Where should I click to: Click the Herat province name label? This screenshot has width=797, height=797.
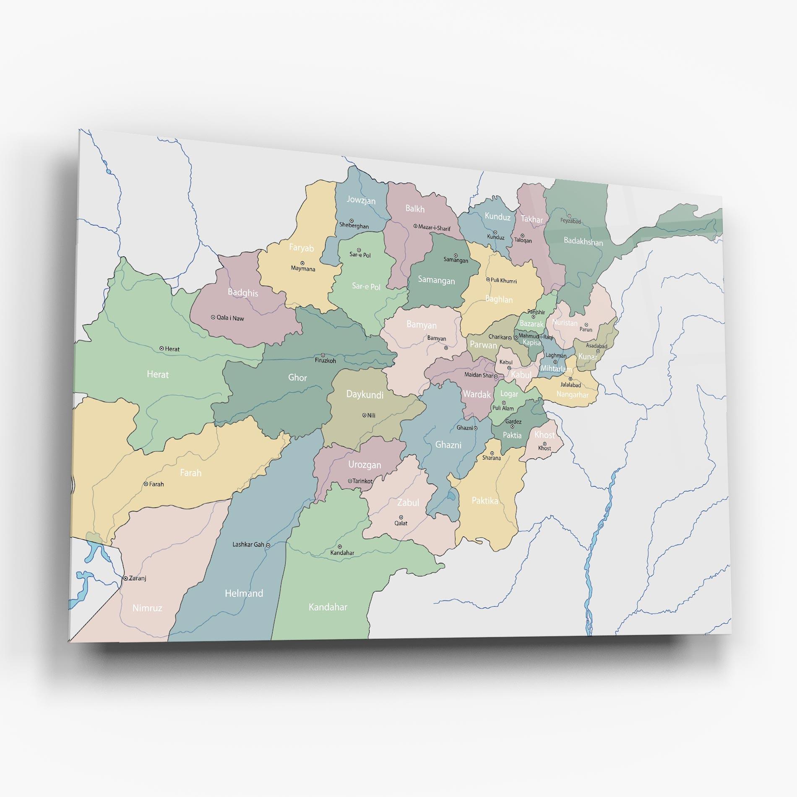(158, 374)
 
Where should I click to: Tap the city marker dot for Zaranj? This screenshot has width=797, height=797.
(125, 578)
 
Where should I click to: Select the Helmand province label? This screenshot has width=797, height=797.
(244, 593)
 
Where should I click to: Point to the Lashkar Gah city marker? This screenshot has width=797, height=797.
(268, 545)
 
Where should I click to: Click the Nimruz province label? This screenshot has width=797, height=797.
(147, 608)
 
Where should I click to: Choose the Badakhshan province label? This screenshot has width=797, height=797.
(583, 242)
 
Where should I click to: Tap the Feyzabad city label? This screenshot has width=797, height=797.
(570, 221)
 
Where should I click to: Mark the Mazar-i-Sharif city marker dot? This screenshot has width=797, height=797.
(415, 226)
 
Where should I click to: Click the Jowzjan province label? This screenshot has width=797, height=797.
(361, 200)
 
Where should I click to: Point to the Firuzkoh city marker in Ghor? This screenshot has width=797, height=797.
(323, 355)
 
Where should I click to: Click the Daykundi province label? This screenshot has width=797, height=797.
(365, 394)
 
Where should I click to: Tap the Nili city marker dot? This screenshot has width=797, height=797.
(364, 415)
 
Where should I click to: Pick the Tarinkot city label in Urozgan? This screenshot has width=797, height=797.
(362, 481)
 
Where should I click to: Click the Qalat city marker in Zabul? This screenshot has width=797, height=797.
(401, 517)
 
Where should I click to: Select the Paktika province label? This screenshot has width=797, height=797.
(485, 500)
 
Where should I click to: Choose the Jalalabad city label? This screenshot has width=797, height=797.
(570, 385)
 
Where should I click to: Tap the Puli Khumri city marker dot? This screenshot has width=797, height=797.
(488, 279)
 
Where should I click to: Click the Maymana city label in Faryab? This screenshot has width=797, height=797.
(303, 269)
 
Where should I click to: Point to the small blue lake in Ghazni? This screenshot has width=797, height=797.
(451, 496)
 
